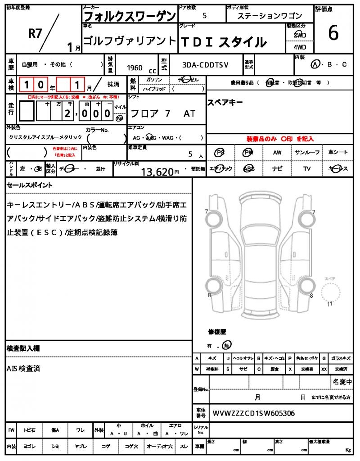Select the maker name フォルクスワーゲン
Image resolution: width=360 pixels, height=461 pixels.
(x=129, y=16)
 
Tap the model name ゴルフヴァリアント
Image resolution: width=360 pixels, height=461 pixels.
(x=130, y=41)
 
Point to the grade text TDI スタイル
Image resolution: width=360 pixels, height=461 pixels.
(x=223, y=42)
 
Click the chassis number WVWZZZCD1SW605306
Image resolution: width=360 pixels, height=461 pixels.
(x=254, y=413)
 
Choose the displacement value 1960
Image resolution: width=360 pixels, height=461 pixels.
(x=135, y=68)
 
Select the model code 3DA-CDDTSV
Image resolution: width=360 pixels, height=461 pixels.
(x=205, y=65)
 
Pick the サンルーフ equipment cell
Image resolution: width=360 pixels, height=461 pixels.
(x=307, y=153)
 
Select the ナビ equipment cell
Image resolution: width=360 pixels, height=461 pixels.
(x=277, y=169)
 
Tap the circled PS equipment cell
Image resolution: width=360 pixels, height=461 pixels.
(x=220, y=153)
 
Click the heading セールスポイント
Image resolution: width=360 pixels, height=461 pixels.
(x=30, y=185)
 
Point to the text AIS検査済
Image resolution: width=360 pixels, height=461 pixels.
(x=23, y=368)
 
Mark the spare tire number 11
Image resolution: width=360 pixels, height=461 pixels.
(x=329, y=304)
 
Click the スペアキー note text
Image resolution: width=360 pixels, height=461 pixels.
(x=225, y=102)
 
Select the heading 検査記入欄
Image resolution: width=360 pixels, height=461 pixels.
(x=23, y=348)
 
